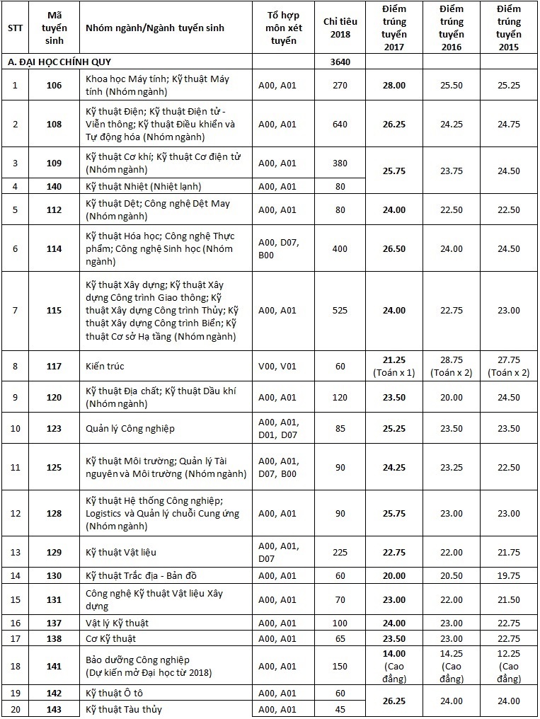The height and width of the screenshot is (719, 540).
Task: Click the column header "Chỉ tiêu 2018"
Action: click(340, 28)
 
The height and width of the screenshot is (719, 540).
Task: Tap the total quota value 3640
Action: click(340, 62)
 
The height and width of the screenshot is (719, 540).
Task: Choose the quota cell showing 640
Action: click(340, 124)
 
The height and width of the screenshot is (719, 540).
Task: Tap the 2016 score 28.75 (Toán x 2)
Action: click(452, 366)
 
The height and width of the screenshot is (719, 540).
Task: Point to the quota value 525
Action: click(340, 310)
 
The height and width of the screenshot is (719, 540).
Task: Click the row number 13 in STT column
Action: click(15, 552)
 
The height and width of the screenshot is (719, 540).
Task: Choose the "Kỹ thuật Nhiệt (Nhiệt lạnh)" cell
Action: click(143, 187)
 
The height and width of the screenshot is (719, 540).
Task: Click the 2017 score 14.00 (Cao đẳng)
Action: click(394, 665)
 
